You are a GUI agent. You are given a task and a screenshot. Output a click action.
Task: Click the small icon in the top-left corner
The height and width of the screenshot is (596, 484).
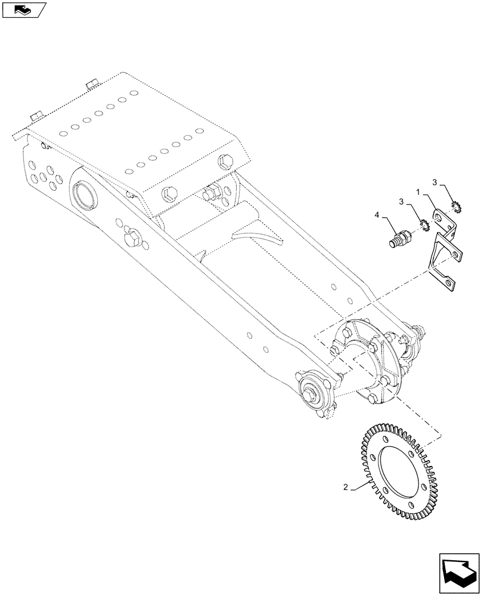click(x=24, y=8)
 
